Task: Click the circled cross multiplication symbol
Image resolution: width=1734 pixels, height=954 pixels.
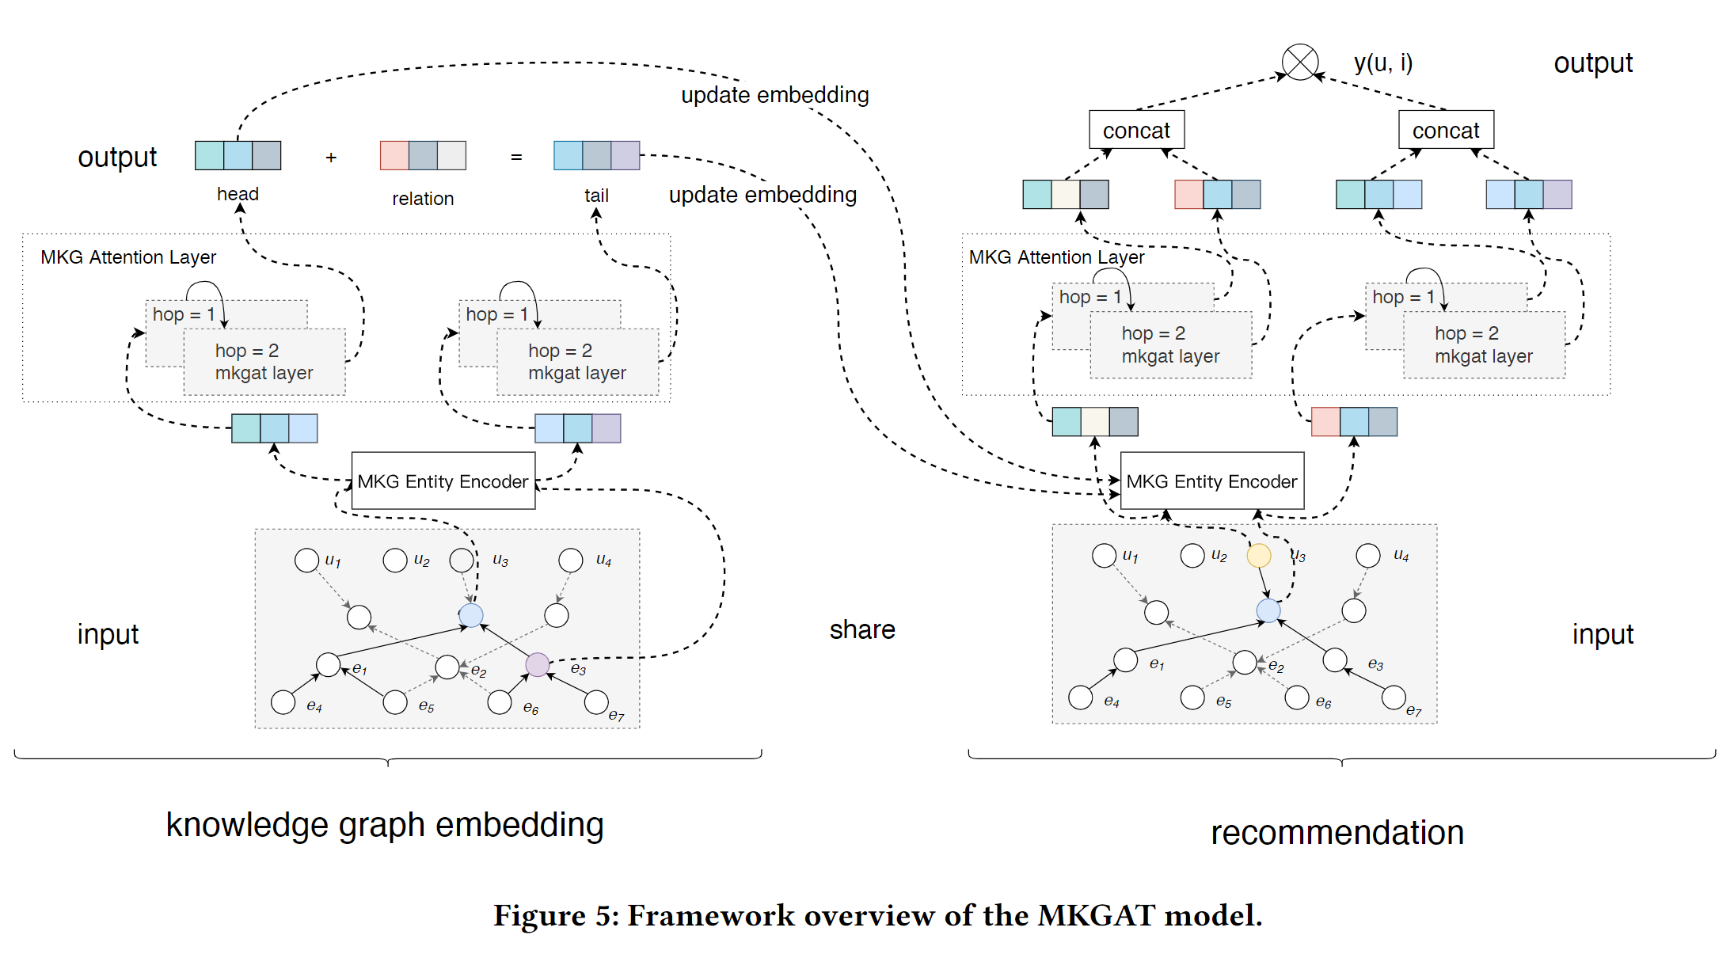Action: pos(1299,62)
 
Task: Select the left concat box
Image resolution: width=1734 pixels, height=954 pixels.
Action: pos(1136,130)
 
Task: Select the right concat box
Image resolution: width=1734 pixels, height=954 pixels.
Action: pos(1445,130)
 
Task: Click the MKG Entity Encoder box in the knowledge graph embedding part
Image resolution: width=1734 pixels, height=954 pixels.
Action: pos(443,481)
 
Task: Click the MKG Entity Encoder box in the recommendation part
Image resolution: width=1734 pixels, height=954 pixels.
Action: pos(1211,481)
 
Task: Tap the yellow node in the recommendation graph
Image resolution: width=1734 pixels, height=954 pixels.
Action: pos(1258,555)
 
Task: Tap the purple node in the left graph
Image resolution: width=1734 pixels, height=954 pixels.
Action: pos(537,664)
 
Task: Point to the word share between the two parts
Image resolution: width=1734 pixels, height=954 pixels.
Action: pos(861,629)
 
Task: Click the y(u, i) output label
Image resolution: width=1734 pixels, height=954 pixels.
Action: pos(1382,63)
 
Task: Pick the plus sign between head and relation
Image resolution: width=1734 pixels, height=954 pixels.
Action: pos(331,158)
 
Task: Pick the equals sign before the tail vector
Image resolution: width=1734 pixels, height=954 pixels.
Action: pos(516,158)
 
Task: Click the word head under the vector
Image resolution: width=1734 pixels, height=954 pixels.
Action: pos(238,194)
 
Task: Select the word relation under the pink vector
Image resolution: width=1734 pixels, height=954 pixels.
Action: pos(423,199)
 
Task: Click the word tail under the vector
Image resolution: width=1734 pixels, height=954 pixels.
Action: pos(596,196)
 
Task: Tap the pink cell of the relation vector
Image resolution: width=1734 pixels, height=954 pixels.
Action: pos(394,155)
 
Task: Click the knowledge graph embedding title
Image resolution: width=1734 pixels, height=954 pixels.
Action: pos(385,824)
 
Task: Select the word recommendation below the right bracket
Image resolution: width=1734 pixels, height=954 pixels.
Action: pos(1337,833)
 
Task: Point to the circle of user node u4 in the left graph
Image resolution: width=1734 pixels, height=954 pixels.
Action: pos(570,561)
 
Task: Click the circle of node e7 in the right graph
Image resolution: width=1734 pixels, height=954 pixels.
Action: pos(1393,697)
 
